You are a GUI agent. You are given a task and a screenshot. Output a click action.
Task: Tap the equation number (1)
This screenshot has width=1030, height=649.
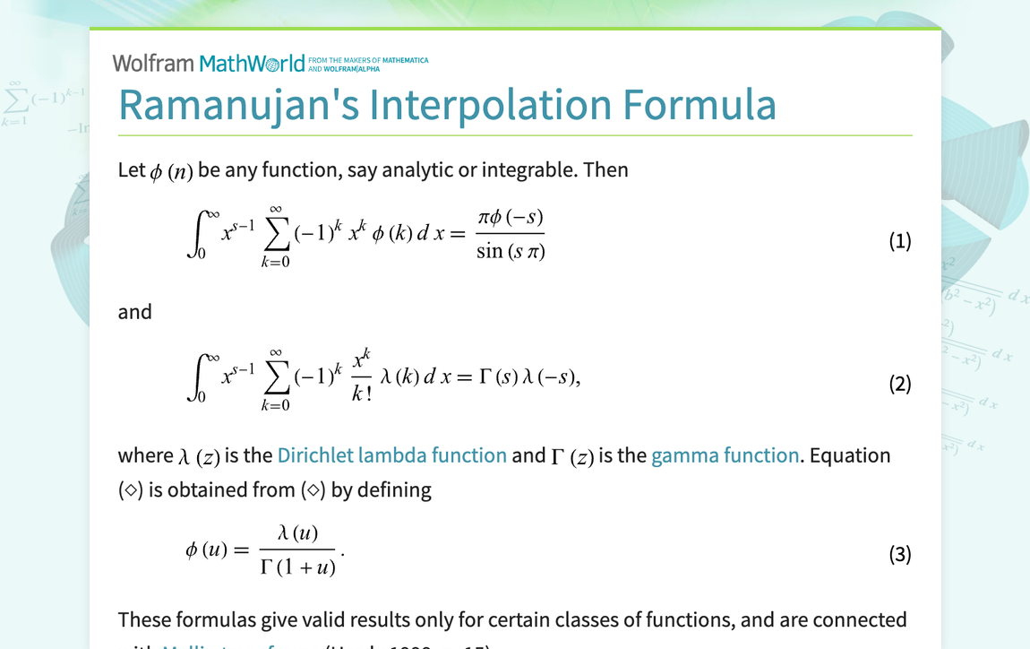pos(899,241)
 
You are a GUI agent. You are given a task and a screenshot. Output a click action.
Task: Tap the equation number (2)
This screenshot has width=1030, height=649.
pos(899,385)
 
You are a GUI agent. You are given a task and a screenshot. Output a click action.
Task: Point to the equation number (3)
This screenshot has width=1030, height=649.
pos(899,555)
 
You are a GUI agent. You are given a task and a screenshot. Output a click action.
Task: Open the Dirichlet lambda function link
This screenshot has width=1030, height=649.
pos(391,455)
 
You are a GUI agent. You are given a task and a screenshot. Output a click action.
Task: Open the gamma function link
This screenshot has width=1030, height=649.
pos(725,455)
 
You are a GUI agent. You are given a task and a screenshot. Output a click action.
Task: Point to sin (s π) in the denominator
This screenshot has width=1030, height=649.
pos(511,252)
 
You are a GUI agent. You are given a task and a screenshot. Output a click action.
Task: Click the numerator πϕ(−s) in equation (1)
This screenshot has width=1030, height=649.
pos(511,219)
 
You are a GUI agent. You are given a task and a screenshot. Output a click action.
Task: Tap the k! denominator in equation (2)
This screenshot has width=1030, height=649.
pos(362,394)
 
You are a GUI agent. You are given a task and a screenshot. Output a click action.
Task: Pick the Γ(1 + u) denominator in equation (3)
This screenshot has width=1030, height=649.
pos(297,567)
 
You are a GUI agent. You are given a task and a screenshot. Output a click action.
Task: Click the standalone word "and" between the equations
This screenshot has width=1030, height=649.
pos(135,312)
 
